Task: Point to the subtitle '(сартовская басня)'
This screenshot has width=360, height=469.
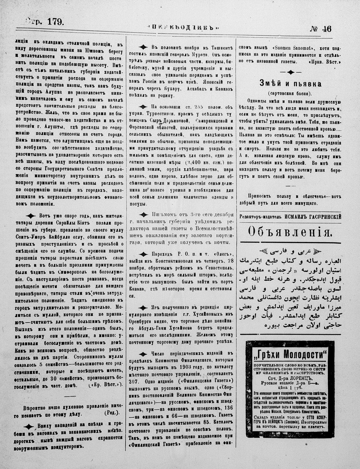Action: [290, 93]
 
